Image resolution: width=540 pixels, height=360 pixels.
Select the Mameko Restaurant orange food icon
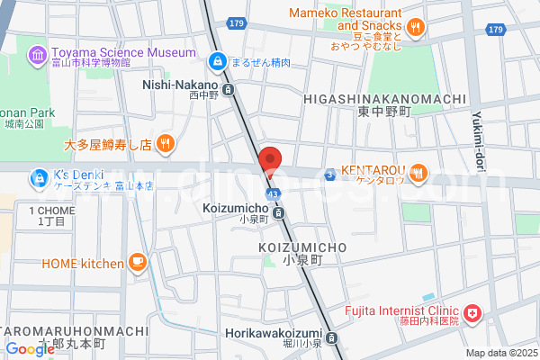[x=415, y=28]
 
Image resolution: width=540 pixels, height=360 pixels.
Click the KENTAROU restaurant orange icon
[x=418, y=174]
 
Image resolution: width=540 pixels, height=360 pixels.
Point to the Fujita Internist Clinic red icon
[x=472, y=314]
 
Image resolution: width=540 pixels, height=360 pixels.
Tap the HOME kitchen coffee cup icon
[x=138, y=263]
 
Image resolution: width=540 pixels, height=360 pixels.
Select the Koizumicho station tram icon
[x=279, y=213]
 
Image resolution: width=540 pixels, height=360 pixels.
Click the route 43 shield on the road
[x=271, y=193]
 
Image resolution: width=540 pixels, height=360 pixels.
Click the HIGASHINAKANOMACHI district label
[x=384, y=99]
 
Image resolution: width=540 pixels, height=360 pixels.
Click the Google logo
[x=29, y=348]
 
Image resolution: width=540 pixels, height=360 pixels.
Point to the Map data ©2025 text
[x=500, y=353]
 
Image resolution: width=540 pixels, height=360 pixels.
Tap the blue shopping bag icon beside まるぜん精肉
[x=217, y=61]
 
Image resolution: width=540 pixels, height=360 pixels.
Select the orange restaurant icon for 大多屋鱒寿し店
[x=165, y=143]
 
